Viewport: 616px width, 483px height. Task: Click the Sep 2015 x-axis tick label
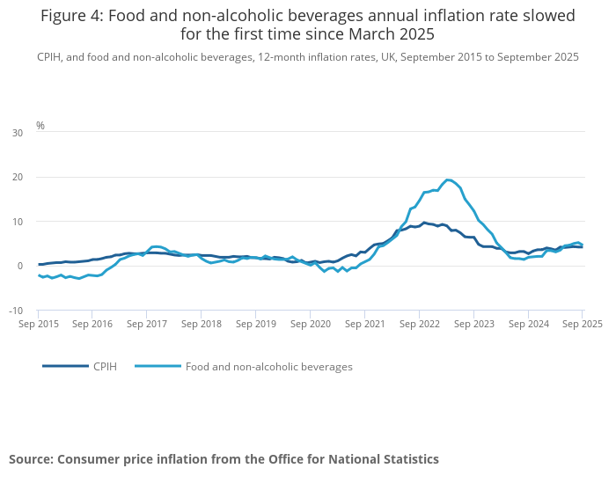tap(38, 324)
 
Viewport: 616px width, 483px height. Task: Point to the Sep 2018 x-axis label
tap(201, 324)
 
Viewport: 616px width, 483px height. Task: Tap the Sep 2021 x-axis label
tap(364, 324)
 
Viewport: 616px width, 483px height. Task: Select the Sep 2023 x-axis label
tap(473, 324)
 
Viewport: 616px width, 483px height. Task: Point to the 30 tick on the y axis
tap(18, 133)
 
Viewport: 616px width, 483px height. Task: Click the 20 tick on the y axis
tap(18, 177)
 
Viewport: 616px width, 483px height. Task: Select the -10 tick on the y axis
tap(16, 311)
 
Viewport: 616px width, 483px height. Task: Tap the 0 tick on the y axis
tap(20, 266)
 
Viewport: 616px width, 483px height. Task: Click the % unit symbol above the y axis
tap(40, 126)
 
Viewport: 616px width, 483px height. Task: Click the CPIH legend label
tap(105, 366)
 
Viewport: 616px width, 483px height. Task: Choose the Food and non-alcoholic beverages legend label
tap(268, 366)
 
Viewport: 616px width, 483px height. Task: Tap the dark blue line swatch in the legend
tap(65, 366)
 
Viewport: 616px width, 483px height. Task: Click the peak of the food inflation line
tap(448, 179)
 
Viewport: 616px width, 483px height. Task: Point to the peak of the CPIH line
tap(424, 223)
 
